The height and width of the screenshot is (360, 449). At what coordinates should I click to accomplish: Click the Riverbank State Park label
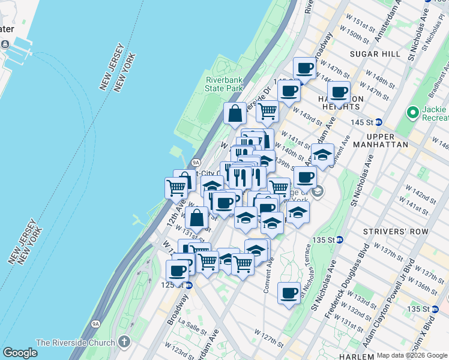[224, 84]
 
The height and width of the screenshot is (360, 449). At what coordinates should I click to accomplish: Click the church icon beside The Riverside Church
[124, 343]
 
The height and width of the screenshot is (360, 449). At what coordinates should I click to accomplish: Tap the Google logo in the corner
[20, 352]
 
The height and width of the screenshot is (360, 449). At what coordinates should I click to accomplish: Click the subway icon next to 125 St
[188, 285]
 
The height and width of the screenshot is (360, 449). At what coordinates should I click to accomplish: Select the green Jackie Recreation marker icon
[412, 113]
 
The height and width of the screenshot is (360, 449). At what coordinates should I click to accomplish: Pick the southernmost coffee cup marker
[289, 293]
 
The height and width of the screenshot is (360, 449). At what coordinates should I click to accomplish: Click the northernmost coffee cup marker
[304, 68]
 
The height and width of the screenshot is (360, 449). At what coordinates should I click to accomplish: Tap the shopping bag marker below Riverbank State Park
[235, 112]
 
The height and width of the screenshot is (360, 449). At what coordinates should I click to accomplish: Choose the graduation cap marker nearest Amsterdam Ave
[322, 155]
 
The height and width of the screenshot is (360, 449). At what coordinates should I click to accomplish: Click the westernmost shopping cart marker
[176, 187]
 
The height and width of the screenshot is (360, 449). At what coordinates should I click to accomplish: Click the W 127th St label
[268, 337]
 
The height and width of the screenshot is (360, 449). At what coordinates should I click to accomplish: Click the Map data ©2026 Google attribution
[412, 355]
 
